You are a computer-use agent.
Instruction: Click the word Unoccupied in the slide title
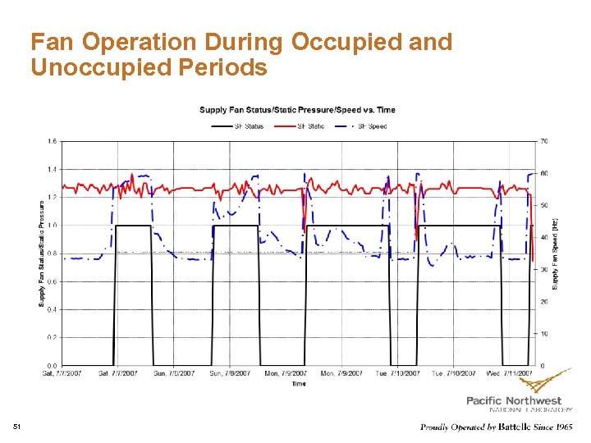pos(89,67)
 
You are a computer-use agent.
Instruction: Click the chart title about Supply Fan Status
pos(297,110)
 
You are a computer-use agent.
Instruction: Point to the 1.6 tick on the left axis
pos(53,141)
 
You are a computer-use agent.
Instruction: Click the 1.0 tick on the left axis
pos(53,225)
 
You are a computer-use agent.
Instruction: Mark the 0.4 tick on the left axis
pos(53,309)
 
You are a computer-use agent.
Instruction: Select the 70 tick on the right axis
pos(543,141)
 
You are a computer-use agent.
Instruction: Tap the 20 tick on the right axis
pos(543,301)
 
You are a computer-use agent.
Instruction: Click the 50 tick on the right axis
pos(543,205)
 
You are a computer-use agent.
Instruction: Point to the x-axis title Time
pos(298,383)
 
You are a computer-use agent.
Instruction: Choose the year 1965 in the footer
pos(562,427)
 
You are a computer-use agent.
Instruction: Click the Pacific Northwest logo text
pos(518,400)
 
